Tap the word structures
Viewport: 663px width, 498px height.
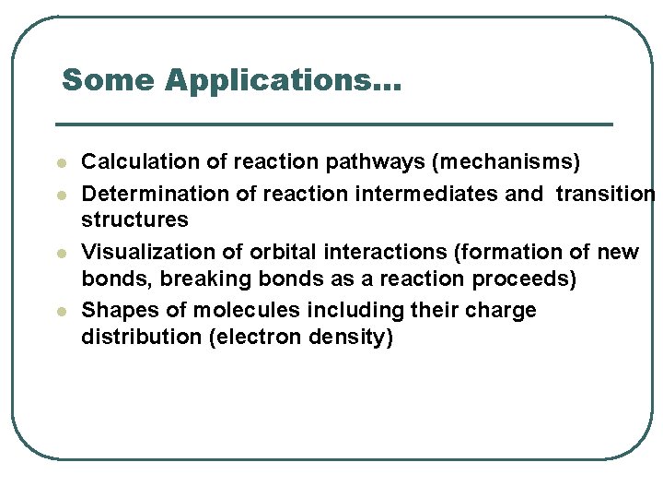[x=134, y=219]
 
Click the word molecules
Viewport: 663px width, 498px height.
[x=242, y=310]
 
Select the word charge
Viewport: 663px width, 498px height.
[x=503, y=311]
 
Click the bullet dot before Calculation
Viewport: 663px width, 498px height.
[x=61, y=163]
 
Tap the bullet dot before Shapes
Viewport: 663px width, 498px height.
[x=61, y=311]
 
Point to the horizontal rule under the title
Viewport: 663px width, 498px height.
[x=333, y=124]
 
